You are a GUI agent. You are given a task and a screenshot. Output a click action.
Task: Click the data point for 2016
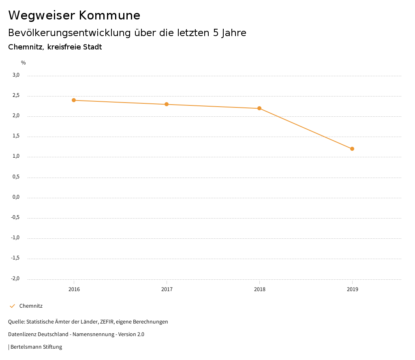74,100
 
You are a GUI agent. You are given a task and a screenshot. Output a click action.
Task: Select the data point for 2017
167,104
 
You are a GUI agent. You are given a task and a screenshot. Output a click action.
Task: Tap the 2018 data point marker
259,108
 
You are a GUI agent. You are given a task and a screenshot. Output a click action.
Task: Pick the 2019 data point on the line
352,149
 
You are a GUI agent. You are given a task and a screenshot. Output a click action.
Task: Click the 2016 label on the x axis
74,289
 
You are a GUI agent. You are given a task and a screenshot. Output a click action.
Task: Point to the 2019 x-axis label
352,289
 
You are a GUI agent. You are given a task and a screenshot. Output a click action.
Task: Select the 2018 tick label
259,289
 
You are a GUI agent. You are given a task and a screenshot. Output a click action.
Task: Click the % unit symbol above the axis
24,63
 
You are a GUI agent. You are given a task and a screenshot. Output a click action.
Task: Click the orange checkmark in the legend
12,306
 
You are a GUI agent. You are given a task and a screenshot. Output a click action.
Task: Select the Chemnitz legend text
31,306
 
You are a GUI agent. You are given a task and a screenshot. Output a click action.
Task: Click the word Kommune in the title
109,15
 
